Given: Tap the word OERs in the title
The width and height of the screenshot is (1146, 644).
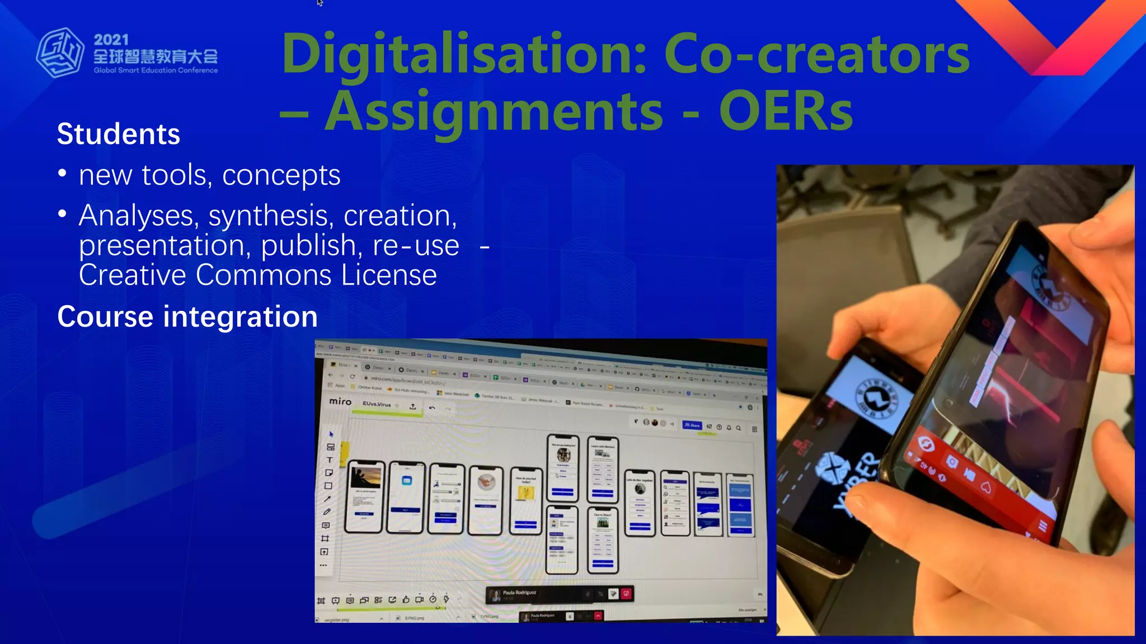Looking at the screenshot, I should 786,112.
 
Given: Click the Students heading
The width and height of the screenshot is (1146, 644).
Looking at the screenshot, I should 119,134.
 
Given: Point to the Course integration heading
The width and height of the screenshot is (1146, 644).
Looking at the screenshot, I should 187,316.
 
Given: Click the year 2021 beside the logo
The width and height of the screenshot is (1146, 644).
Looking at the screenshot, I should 111,40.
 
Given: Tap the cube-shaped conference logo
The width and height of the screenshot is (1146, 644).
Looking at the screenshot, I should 60,53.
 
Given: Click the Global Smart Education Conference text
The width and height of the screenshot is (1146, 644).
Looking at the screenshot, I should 156,70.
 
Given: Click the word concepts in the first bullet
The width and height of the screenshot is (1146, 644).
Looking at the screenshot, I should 281,176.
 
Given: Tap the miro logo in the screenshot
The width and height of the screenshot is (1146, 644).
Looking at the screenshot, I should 340,401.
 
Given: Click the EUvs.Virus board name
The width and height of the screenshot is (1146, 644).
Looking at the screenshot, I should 377,404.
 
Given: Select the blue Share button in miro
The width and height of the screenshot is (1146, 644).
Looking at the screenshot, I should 692,425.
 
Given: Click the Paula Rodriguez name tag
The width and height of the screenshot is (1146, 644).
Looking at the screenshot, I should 519,593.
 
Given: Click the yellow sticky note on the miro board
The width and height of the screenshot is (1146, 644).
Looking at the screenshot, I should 344,449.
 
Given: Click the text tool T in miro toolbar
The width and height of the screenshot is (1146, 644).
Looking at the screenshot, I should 330,460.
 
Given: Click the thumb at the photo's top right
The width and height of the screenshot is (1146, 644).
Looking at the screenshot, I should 1097,235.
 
